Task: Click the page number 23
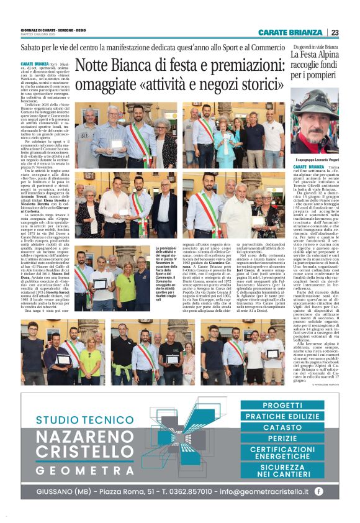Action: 335,33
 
